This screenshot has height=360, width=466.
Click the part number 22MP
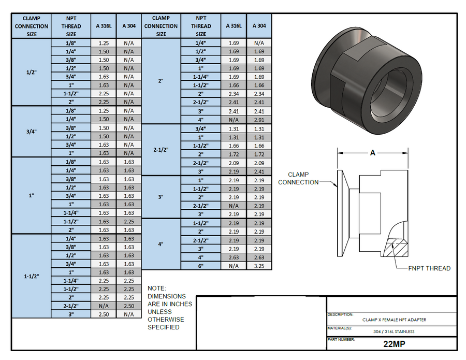pos(391,344)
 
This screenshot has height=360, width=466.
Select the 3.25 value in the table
pos(259,266)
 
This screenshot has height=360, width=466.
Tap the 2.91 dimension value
pos(259,120)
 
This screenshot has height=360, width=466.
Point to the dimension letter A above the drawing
pos(373,153)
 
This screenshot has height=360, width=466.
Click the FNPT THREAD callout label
pos(429,268)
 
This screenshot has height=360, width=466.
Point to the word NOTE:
pos(157,288)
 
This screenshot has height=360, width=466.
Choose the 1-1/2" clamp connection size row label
pos(31,276)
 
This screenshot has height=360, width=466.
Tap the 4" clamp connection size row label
pos(161,244)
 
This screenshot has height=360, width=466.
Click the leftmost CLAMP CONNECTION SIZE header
pos(31,26)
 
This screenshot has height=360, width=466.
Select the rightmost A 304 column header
pos(259,26)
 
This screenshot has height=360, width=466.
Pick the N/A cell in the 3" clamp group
pos(234,206)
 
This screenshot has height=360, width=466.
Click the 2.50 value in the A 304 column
pos(128,306)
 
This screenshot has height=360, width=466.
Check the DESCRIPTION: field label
pos(340,314)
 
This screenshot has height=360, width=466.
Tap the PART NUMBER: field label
pos(341,339)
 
